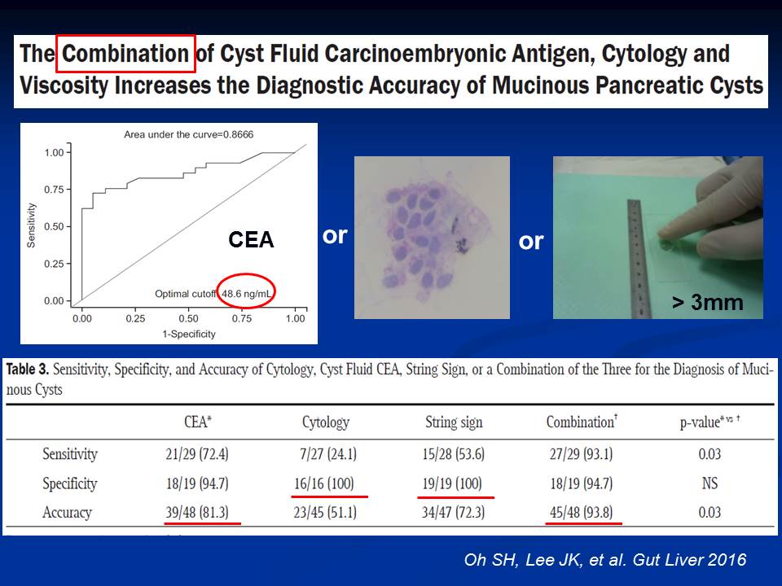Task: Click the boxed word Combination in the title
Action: pyautogui.click(x=125, y=54)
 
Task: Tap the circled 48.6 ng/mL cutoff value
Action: pyautogui.click(x=246, y=294)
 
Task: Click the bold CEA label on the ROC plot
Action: pyautogui.click(x=251, y=239)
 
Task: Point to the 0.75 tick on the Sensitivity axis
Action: pyautogui.click(x=55, y=190)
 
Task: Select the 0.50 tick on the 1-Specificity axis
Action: pyautogui.click(x=188, y=318)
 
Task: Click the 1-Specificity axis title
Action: pyautogui.click(x=188, y=334)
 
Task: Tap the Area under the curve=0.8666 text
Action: pyautogui.click(x=188, y=134)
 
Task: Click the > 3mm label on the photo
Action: pyautogui.click(x=707, y=303)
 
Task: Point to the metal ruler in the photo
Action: pyautogui.click(x=635, y=258)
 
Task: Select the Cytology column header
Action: pyautogui.click(x=326, y=422)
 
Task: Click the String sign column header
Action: pyautogui.click(x=454, y=422)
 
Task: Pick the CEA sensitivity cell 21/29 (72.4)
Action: pyautogui.click(x=197, y=454)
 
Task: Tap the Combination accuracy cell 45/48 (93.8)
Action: pyautogui.click(x=582, y=512)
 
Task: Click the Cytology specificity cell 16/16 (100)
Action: pyautogui.click(x=324, y=483)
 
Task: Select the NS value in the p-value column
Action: pyautogui.click(x=710, y=483)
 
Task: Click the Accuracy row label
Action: pyautogui.click(x=67, y=513)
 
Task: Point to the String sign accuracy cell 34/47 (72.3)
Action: pyautogui.click(x=454, y=512)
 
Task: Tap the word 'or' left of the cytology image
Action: pyautogui.click(x=335, y=236)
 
